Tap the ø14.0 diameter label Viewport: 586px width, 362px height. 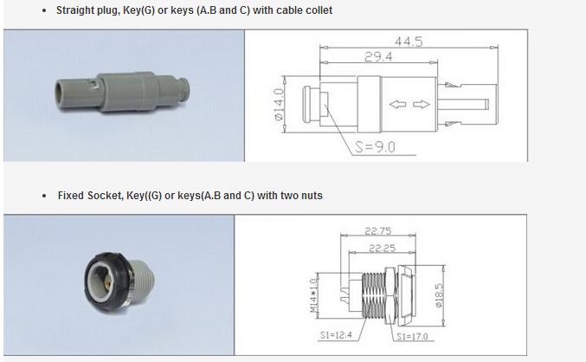(280, 104)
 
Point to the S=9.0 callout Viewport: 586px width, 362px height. (374, 147)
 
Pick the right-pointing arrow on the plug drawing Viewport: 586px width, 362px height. (422, 105)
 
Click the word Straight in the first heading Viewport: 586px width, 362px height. (77, 10)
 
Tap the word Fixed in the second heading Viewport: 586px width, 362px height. (72, 196)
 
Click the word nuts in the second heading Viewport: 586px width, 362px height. (310, 196)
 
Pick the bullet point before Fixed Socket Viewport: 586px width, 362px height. (44, 197)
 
